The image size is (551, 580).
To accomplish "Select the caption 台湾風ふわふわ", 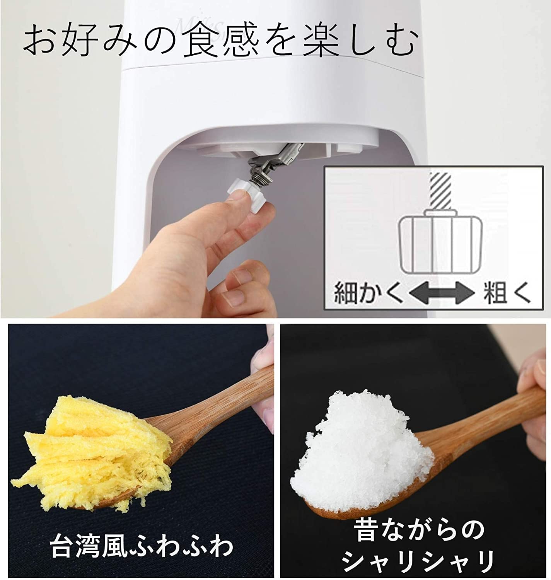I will pos(142,545).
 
